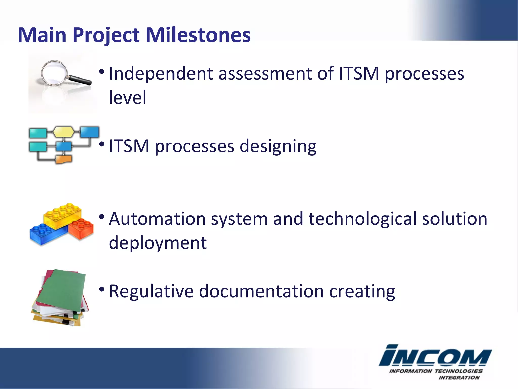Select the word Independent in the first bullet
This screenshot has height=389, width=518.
[161, 74]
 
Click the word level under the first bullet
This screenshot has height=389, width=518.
[127, 98]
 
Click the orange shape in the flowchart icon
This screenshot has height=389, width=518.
[63, 159]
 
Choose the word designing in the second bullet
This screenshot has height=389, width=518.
[278, 146]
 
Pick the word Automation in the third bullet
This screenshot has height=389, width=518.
[157, 219]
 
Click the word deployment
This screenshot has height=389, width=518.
[158, 243]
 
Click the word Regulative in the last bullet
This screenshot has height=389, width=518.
[151, 291]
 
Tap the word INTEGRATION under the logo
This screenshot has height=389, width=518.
[459, 378]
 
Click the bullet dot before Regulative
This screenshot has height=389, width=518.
[102, 289]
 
